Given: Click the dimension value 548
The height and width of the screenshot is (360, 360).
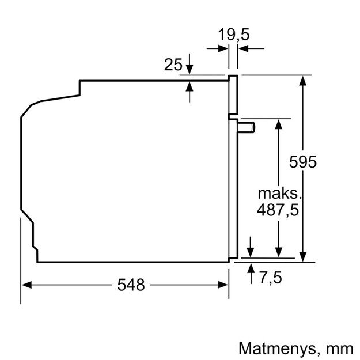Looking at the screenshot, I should coord(130,284).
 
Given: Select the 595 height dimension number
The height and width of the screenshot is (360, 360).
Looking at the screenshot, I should coord(303,162).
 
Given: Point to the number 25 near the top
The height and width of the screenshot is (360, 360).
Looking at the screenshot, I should coord(173,65).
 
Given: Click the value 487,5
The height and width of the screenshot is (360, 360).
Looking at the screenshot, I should coord(278,211).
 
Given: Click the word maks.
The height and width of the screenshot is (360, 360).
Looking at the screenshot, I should coord(279,192).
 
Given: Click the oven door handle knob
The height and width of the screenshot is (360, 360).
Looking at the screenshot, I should coord(248,126).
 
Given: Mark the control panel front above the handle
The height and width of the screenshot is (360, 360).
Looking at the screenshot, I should coord(233,95).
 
